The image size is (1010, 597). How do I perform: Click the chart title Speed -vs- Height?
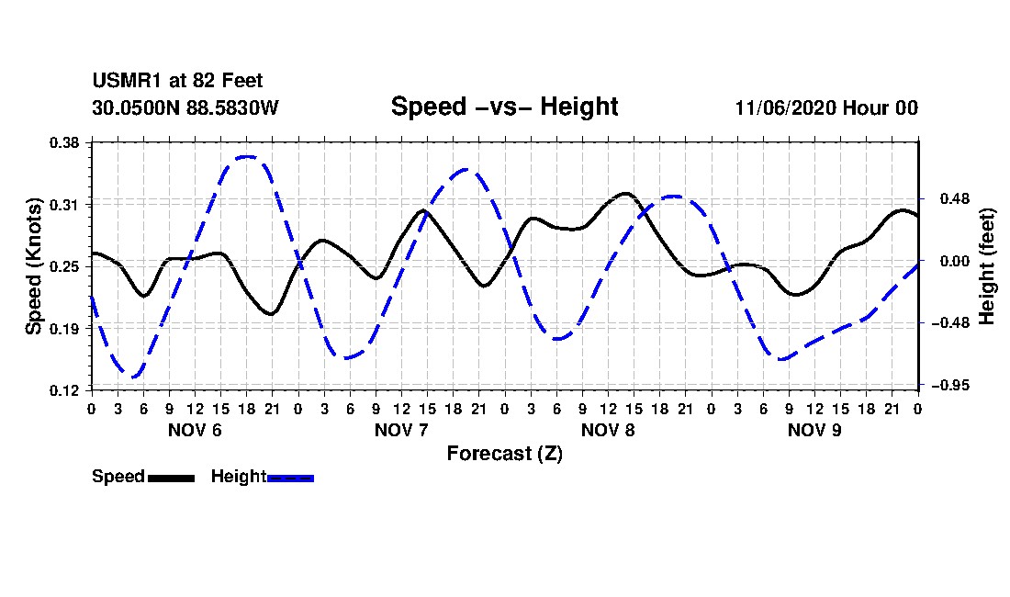click(504, 107)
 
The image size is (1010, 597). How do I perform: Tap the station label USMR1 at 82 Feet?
click(177, 81)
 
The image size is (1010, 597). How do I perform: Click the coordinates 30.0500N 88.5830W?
click(185, 107)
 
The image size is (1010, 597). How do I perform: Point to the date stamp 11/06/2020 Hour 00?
click(826, 107)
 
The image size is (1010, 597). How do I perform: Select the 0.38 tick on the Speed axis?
click(64, 142)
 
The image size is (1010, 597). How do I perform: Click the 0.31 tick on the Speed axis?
click(64, 205)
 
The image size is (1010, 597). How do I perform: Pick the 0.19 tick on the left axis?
click(64, 329)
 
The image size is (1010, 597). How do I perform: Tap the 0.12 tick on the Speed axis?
click(64, 390)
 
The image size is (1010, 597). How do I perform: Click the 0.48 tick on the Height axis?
click(954, 199)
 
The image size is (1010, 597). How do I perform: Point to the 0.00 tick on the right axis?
click(954, 261)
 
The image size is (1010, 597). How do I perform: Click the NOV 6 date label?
click(195, 430)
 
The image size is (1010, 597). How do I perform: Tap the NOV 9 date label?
click(814, 430)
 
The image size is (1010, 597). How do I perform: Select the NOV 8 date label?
click(608, 430)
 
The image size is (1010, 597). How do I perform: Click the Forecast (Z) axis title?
click(504, 454)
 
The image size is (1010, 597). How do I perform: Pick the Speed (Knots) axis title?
click(34, 266)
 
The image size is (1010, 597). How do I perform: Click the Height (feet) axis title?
click(986, 266)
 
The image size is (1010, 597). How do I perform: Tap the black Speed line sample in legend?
click(171, 478)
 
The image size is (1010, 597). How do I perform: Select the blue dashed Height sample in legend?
click(290, 478)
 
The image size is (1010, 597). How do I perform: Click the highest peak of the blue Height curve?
click(247, 156)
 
